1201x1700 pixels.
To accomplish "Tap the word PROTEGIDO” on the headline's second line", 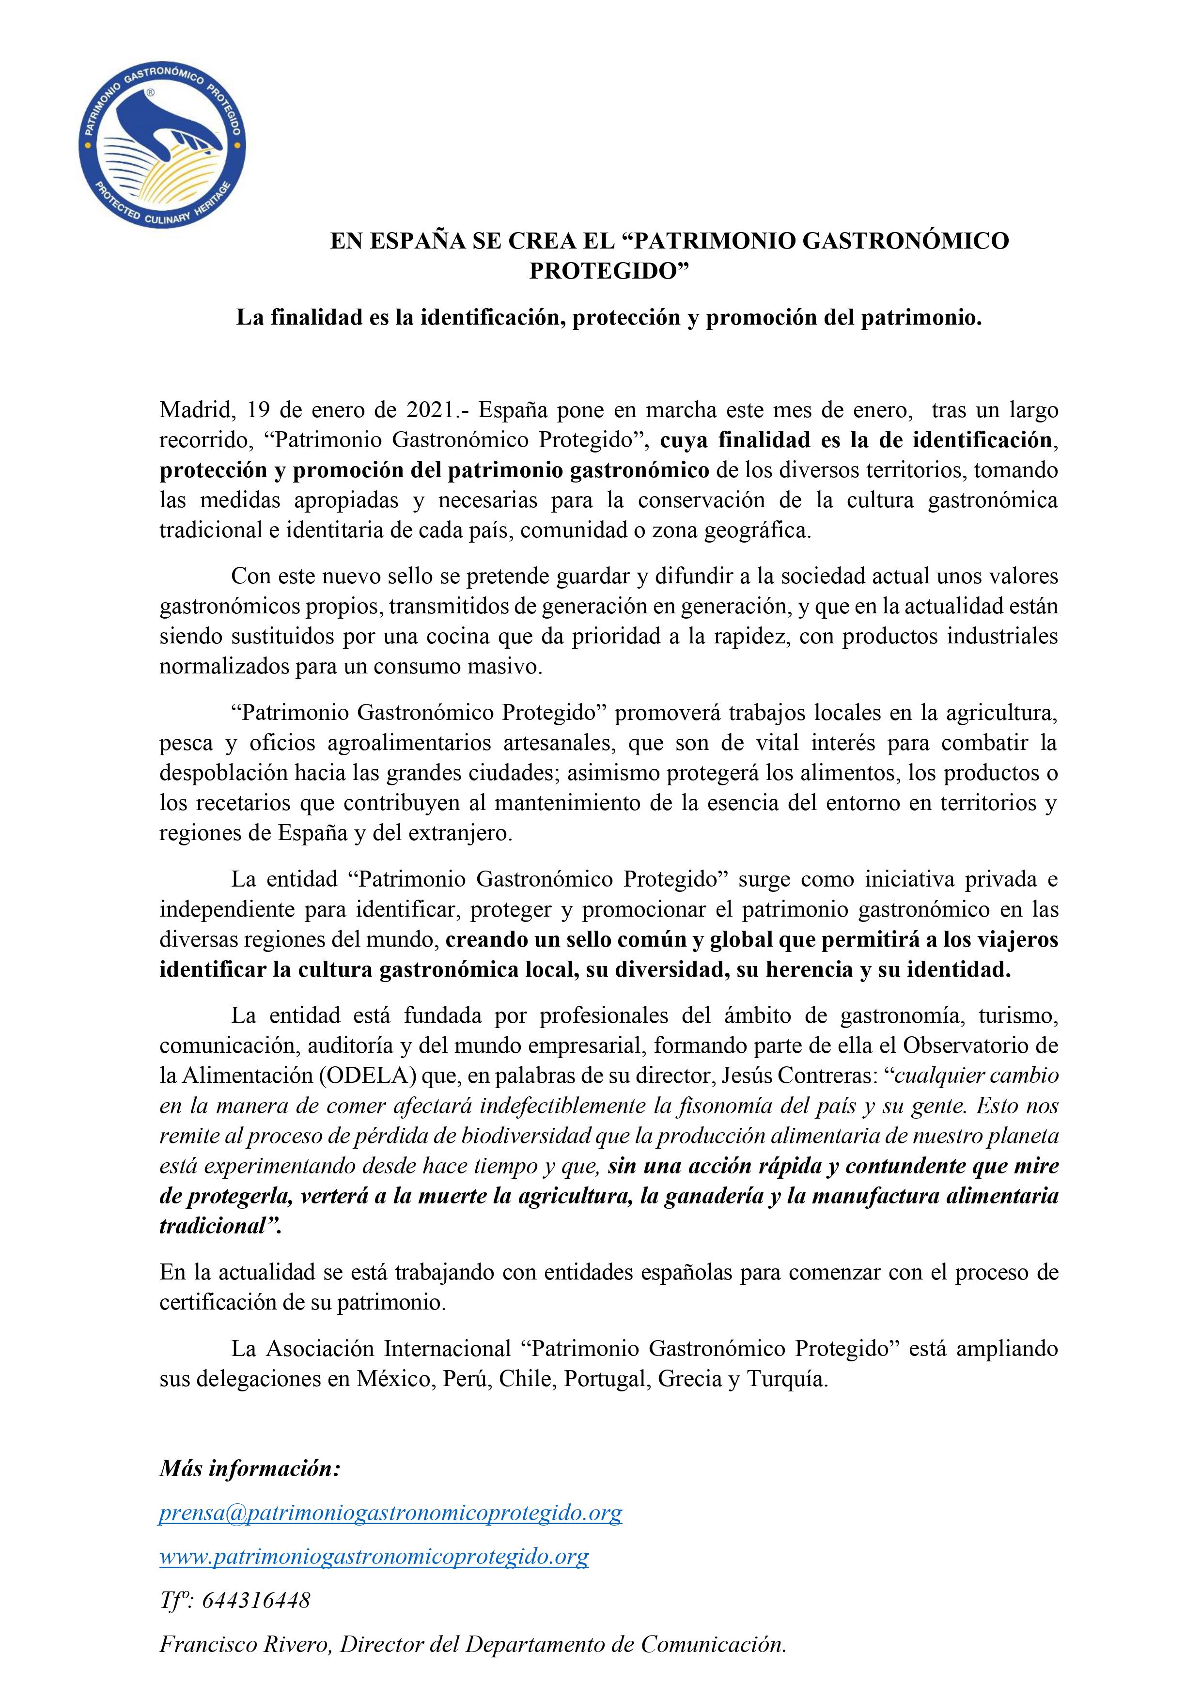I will tap(608, 272).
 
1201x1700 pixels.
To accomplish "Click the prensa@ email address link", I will tap(390, 1493).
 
